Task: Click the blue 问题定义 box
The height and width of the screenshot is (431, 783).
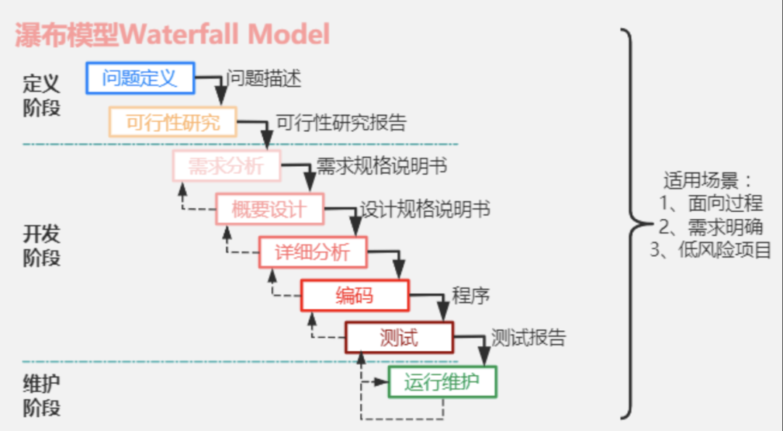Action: [x=141, y=78]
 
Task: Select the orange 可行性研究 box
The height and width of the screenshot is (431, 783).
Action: [x=173, y=122]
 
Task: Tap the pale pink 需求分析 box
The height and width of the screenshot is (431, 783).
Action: [x=226, y=166]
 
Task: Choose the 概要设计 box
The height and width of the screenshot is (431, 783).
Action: [x=270, y=210]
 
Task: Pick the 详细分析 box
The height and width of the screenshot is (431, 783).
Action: [x=312, y=253]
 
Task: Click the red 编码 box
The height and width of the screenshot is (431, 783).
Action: [x=355, y=295]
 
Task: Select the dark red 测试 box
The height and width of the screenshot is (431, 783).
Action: [x=399, y=338]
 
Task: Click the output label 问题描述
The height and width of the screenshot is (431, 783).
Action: [x=264, y=78]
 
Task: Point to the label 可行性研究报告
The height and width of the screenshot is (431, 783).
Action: [x=341, y=123]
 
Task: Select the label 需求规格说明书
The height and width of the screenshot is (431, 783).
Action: [x=381, y=166]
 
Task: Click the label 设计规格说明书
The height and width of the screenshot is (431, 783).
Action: [x=425, y=210]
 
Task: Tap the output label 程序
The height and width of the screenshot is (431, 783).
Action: [x=471, y=295]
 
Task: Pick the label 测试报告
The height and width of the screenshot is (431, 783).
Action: [x=529, y=338]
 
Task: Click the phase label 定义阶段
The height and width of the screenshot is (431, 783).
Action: [x=42, y=94]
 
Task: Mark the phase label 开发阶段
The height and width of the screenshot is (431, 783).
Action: [x=42, y=245]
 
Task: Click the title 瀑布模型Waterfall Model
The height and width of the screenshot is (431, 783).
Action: [x=173, y=34]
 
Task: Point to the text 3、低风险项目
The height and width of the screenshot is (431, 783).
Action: [x=710, y=250]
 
